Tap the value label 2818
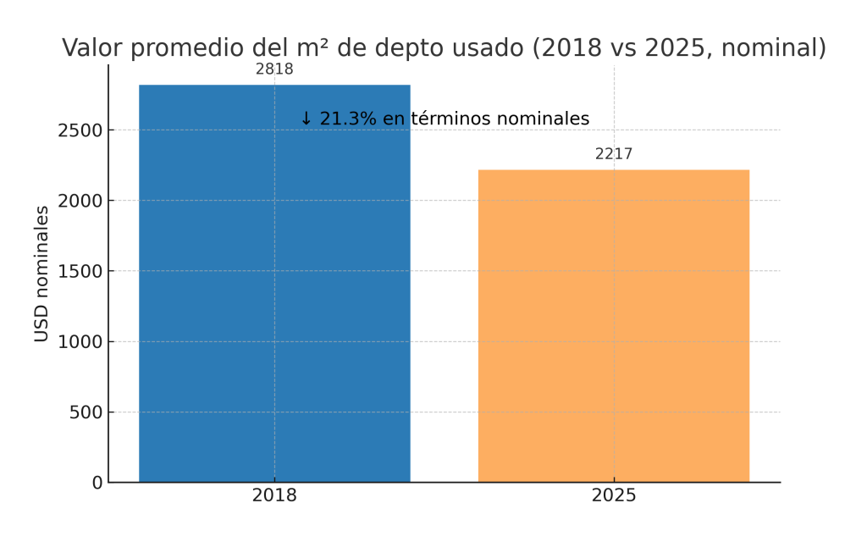point(274,69)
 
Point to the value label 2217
point(614,154)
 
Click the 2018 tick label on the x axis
point(274,496)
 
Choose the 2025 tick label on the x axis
point(614,496)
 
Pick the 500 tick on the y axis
point(85,412)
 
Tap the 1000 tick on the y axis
point(80,342)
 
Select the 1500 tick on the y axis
point(80,271)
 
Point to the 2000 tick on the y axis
point(80,201)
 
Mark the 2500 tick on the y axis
point(80,130)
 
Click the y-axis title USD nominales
point(41,274)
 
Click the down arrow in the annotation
point(306,119)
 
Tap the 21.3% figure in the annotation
point(348,119)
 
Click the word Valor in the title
point(91,48)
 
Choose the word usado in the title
point(483,48)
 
